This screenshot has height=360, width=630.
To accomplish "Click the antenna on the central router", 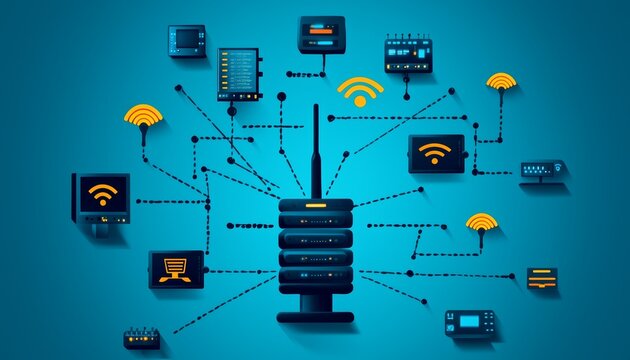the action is point(316,150).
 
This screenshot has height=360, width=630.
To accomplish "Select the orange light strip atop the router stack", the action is point(316,205).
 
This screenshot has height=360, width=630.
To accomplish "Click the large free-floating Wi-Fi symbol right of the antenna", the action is point(360,92).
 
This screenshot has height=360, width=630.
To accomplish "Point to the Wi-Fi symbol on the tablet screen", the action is point(435,153).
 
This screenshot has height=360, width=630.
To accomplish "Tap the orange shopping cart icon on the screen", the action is point(176,265).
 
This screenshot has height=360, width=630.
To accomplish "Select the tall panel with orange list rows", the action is point(238,74).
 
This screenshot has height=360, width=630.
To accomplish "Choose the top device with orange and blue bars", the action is point(321,34).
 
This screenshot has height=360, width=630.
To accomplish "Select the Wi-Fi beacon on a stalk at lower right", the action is point(482,225).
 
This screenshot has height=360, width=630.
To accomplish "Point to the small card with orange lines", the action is point(542,277).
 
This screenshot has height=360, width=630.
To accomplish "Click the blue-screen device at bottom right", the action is point(470,323).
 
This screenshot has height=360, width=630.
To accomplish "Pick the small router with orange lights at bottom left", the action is point(141,338).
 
